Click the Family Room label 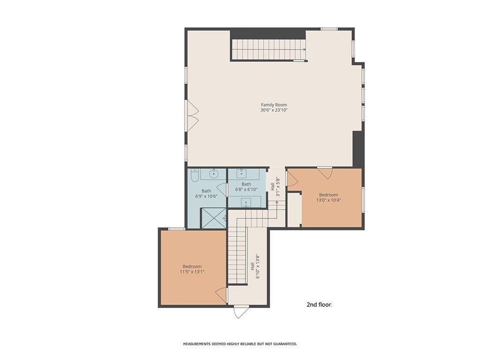[x=274, y=105]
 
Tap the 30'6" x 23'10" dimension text [x=274, y=110]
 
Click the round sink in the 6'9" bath [x=214, y=174]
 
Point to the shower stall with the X [x=213, y=218]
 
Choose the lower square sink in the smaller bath [x=246, y=202]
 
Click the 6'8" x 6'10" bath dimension [x=247, y=189]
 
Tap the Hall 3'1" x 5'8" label [x=275, y=187]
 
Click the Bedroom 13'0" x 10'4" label [x=329, y=197]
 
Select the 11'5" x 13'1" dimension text [x=192, y=271]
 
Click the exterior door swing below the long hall [x=241, y=312]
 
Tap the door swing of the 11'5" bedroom [x=221, y=294]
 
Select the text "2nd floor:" [x=319, y=305]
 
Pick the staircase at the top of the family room [x=269, y=49]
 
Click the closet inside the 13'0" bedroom [x=294, y=210]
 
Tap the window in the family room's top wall [x=329, y=29]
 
